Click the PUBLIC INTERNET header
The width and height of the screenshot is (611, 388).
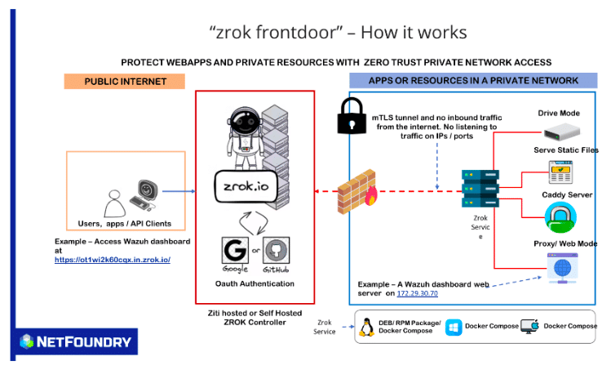[125, 81]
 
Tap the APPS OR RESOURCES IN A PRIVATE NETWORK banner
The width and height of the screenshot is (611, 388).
[473, 81]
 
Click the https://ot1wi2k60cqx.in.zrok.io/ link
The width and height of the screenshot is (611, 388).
[113, 259]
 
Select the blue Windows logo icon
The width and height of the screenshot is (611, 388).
[454, 327]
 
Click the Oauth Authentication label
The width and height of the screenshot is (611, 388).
[255, 283]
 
